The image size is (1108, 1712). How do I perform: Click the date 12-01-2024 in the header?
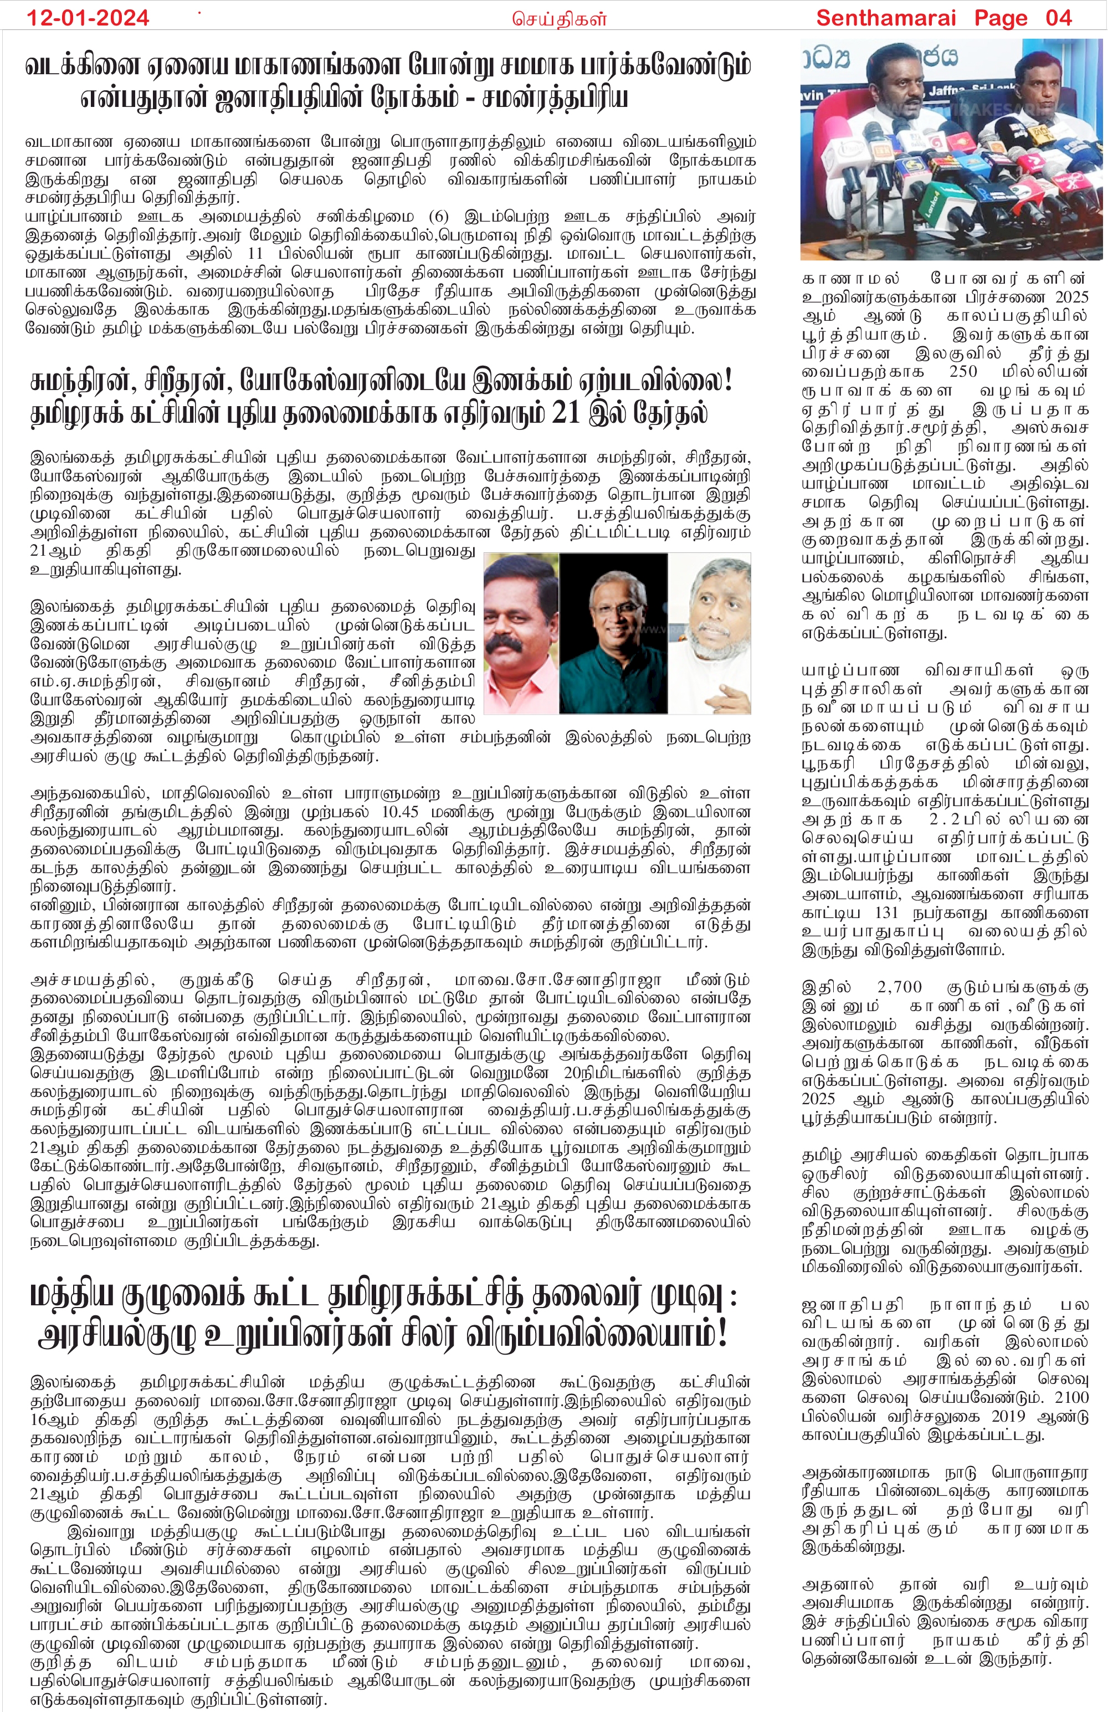(x=88, y=17)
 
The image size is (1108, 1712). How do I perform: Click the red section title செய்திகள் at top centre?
(x=559, y=19)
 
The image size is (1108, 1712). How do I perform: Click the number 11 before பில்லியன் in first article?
(x=255, y=254)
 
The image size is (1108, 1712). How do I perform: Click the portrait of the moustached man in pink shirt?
(x=520, y=633)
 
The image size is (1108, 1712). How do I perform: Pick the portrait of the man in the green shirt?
(x=613, y=633)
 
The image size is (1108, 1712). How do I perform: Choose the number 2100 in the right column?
(x=1071, y=1396)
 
